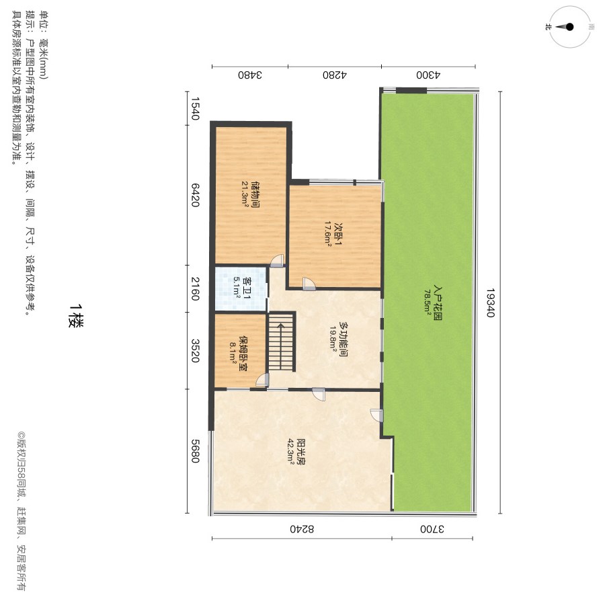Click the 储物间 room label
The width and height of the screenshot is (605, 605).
click(x=255, y=195)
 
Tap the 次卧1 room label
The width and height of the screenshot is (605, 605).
click(x=338, y=234)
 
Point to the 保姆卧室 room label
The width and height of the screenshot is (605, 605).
click(x=243, y=353)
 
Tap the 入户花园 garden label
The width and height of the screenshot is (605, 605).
click(x=438, y=303)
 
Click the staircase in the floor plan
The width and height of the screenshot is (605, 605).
click(x=282, y=342)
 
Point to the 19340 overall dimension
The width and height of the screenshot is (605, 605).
click(x=490, y=302)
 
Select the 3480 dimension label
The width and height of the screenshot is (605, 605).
click(x=250, y=75)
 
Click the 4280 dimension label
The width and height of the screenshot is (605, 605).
click(x=335, y=75)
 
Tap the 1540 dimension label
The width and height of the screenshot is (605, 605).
click(x=196, y=108)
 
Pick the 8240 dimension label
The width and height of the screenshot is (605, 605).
click(x=302, y=528)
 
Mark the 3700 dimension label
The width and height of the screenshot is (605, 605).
click(x=432, y=528)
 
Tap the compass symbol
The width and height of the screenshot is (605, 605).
click(x=570, y=27)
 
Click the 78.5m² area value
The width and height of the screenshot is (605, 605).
click(x=428, y=303)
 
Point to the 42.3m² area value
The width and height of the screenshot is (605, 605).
click(x=291, y=451)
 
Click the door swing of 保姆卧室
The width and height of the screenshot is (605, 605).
click(x=262, y=380)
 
